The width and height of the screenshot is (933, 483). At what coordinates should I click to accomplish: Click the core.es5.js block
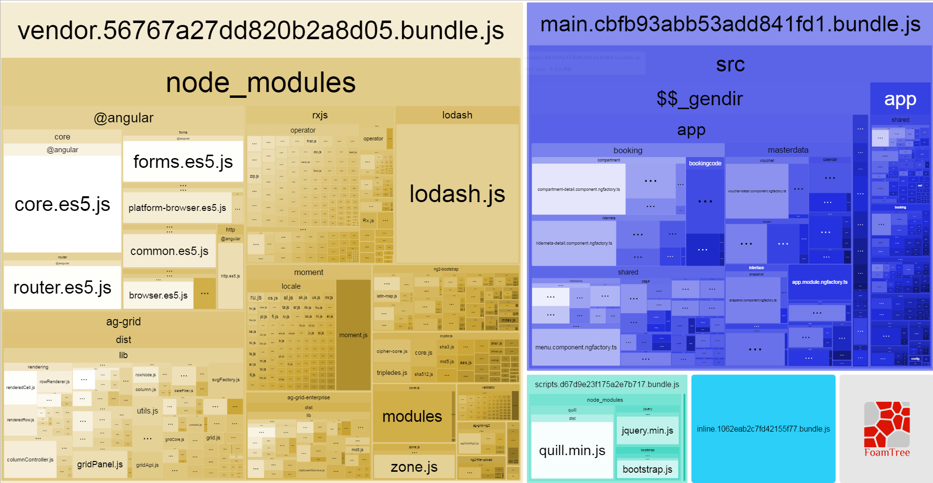click(x=62, y=204)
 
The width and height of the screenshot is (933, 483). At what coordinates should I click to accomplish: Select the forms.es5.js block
click(x=183, y=161)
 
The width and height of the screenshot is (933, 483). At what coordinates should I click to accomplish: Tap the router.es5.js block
click(x=62, y=287)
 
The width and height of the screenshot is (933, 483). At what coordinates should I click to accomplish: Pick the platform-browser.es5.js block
click(x=177, y=208)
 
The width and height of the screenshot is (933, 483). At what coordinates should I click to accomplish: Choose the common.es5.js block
click(x=169, y=251)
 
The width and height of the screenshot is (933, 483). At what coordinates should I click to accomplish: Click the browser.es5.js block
click(x=158, y=295)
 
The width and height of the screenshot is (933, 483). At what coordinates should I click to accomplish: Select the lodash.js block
click(x=457, y=194)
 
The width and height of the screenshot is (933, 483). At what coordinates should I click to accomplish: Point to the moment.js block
click(x=353, y=335)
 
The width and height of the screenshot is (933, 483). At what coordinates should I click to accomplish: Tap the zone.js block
click(x=414, y=467)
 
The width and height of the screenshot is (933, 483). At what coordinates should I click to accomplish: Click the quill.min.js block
click(x=572, y=450)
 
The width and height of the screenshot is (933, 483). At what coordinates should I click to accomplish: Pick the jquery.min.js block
click(x=647, y=431)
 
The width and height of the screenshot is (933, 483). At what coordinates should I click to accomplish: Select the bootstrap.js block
click(x=647, y=469)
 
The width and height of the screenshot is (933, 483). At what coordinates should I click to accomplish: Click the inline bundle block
click(x=763, y=429)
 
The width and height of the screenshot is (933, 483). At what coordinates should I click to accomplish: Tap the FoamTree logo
click(x=887, y=429)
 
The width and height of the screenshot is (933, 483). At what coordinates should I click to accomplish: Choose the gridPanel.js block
click(x=100, y=464)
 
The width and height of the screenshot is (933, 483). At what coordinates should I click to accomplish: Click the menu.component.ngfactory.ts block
click(x=576, y=347)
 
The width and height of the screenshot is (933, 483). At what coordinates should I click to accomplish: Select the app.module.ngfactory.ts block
click(x=819, y=282)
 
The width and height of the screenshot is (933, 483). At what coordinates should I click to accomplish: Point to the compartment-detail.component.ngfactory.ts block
click(x=578, y=189)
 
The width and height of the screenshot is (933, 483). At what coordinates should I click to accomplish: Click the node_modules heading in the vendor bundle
click(x=261, y=82)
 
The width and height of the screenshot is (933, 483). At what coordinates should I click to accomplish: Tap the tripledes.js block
click(x=391, y=373)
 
